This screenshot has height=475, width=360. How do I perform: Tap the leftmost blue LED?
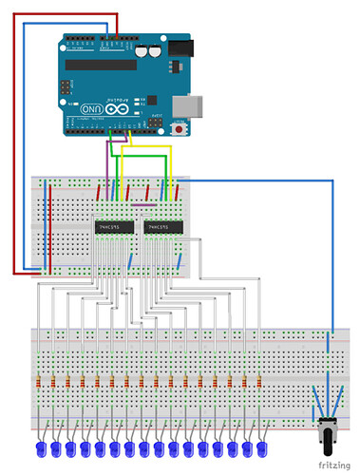click(x=41, y=447)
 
